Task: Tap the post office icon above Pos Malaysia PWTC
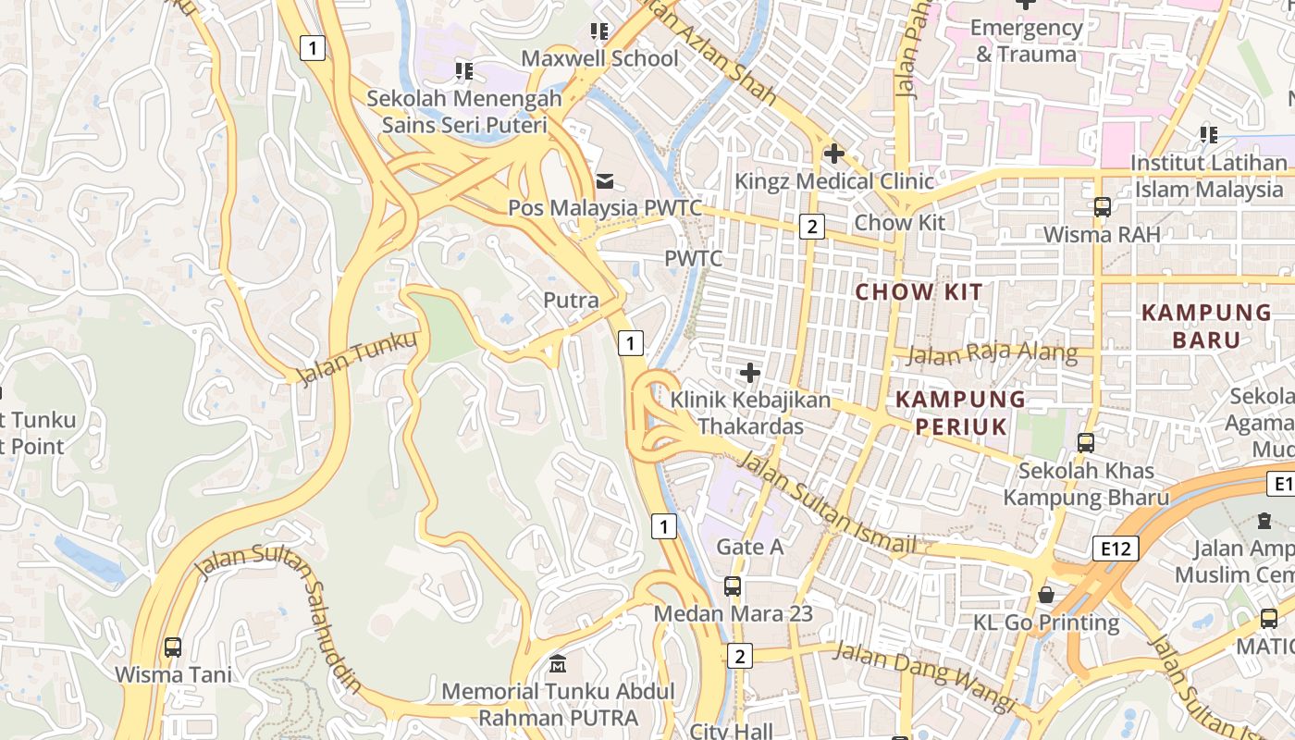point(604,180)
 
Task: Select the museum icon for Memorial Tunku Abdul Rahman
point(558,664)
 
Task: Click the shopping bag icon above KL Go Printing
point(1046,594)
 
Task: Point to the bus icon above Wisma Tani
point(173,647)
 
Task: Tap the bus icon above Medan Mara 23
point(732,586)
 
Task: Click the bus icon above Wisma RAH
point(1102,206)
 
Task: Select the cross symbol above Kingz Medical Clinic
point(834,153)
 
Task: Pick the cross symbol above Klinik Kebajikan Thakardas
point(750,373)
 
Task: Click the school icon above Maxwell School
point(599,31)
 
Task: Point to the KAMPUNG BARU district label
point(1206,326)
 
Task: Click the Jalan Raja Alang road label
point(992,353)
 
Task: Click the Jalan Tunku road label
point(356,358)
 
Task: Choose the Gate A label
point(750,547)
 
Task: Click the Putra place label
point(571,300)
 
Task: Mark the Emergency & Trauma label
point(1026,41)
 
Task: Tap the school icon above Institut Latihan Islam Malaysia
point(1208,135)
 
